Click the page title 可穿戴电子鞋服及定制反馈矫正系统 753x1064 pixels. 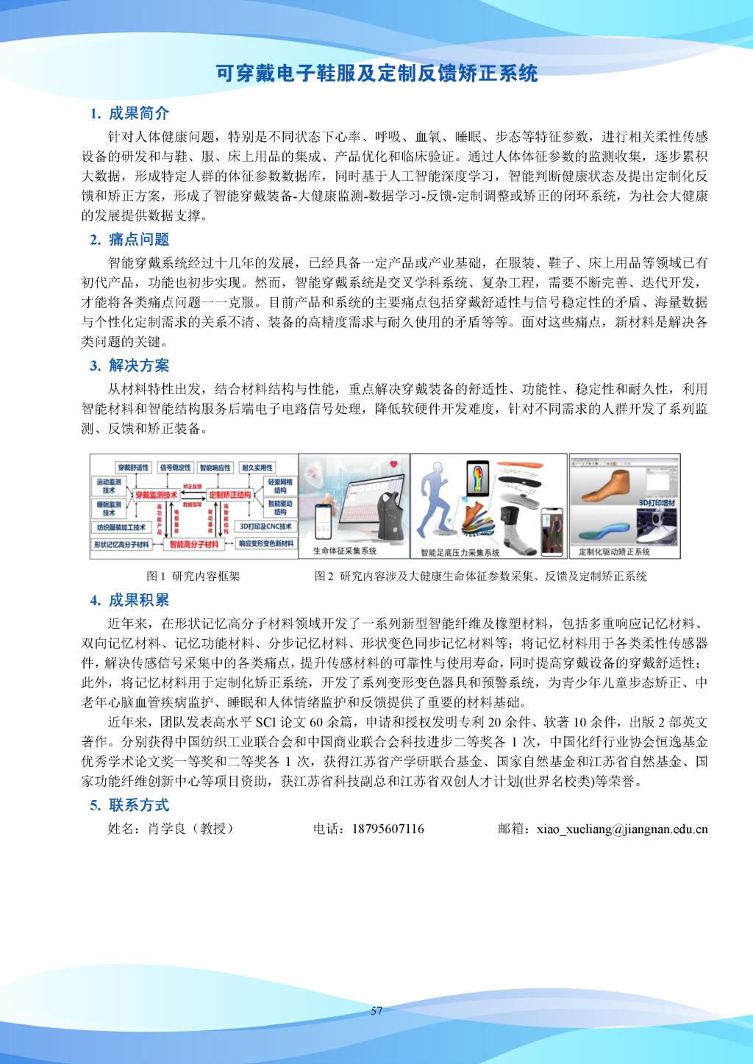click(376, 74)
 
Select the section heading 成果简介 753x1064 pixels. click(138, 113)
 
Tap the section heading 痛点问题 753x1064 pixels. click(138, 239)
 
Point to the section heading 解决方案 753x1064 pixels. click(138, 365)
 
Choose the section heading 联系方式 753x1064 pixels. click(138, 804)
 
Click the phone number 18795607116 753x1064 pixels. click(388, 829)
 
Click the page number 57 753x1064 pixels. click(376, 1010)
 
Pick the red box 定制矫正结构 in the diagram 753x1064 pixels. click(229, 496)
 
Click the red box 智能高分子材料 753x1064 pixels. click(194, 545)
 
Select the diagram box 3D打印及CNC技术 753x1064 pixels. click(266, 526)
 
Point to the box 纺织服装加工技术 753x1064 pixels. click(121, 527)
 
